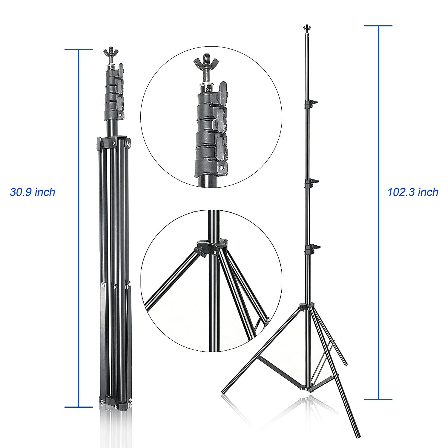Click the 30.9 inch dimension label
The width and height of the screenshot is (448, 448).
[33, 192]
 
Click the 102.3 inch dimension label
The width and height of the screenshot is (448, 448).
[413, 192]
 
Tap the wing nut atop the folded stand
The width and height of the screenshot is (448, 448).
[109, 53]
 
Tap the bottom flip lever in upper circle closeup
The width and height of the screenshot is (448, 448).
[222, 144]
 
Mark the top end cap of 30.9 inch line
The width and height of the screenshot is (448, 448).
[79, 50]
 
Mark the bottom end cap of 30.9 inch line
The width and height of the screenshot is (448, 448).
[79, 407]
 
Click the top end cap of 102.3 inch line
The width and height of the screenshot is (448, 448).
[378, 26]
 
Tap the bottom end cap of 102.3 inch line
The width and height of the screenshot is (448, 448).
[378, 399]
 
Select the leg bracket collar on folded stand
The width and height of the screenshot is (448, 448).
[113, 142]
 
